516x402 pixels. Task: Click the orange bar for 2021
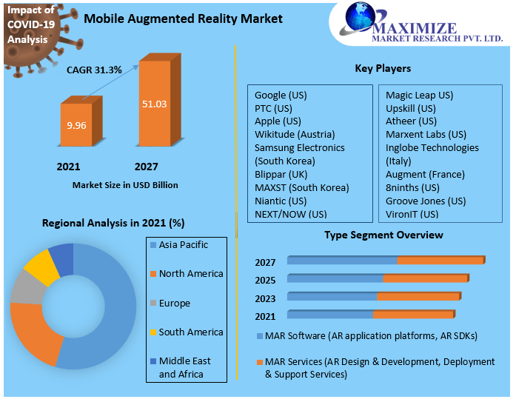coord(76,124)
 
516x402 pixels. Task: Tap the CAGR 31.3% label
coord(95,69)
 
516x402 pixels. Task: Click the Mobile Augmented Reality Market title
coord(183,18)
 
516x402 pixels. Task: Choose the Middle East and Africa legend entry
coord(184,367)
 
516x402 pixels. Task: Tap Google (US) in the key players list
coord(281,96)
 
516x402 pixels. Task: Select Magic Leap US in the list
coord(419,96)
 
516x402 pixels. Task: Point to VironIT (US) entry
coord(412,214)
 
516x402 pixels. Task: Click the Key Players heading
coord(383,69)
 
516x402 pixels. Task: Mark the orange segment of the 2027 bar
coord(440,261)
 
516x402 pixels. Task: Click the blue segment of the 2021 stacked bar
coord(329,315)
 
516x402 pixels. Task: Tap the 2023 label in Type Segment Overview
coord(265,298)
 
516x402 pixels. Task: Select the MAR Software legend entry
coord(366,336)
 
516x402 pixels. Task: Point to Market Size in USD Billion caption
coord(125,184)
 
